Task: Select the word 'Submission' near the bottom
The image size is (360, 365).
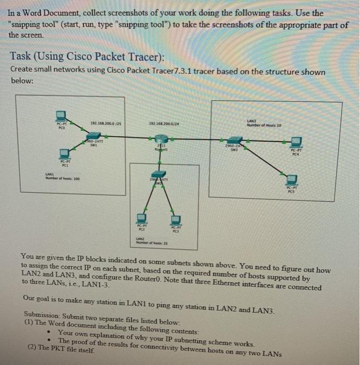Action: (x=46, y=315)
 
